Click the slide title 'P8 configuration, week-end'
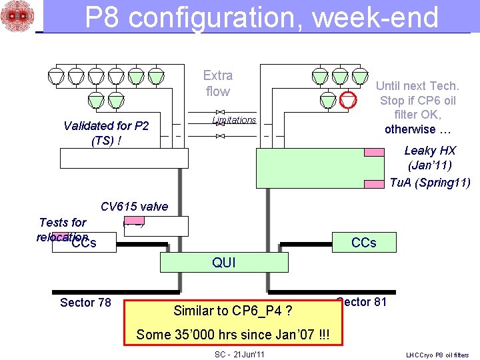(261, 17)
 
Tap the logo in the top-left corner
(17, 17)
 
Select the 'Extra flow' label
(217, 83)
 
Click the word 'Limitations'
(234, 120)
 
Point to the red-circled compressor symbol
(347, 100)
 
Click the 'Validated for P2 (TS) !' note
(106, 133)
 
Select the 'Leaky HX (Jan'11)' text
(430, 157)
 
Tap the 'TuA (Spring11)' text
(430, 183)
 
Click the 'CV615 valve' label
(134, 207)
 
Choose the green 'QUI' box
(223, 263)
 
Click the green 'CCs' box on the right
(363, 243)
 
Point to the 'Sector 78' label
(85, 303)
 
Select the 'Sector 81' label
(363, 302)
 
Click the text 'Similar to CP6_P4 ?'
(233, 311)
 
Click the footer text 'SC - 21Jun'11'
(239, 354)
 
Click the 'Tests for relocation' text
(63, 229)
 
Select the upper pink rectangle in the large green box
(374, 152)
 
